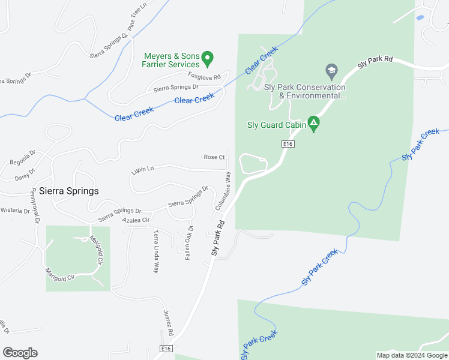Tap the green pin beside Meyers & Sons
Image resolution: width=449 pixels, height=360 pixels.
[x=208, y=59]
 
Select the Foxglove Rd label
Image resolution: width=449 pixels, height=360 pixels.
[x=204, y=77]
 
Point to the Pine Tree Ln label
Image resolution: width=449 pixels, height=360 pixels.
[x=137, y=17]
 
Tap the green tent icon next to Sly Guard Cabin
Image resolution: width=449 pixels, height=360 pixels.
[x=313, y=124]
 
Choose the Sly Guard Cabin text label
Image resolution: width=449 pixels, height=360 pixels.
[x=276, y=125]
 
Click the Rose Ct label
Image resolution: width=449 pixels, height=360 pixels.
[x=214, y=157]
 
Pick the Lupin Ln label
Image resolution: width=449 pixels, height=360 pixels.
[x=142, y=171]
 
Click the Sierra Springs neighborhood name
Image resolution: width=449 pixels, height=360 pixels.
[x=69, y=191]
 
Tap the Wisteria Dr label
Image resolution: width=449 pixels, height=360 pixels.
[x=15, y=211]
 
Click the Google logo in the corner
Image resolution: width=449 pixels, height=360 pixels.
[x=20, y=353]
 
